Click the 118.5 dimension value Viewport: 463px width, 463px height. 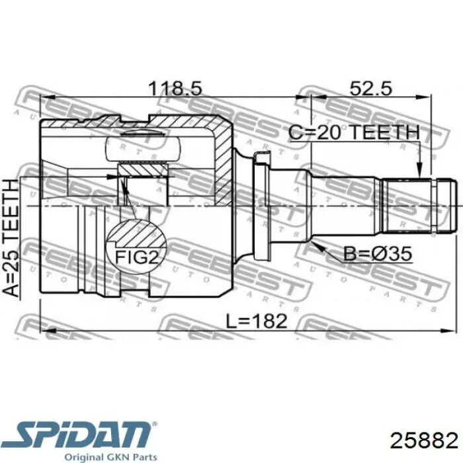click(175, 89)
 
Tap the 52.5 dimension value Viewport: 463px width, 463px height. click(371, 88)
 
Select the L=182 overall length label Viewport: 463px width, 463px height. click(257, 321)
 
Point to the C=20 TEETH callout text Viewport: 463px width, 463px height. click(354, 132)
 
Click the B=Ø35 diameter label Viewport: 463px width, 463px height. click(378, 253)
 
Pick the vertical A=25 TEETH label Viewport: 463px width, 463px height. click(11, 238)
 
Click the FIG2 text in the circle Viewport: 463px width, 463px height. click(137, 257)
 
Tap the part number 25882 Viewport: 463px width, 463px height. click(424, 441)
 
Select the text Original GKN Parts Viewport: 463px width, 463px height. click(110, 457)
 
